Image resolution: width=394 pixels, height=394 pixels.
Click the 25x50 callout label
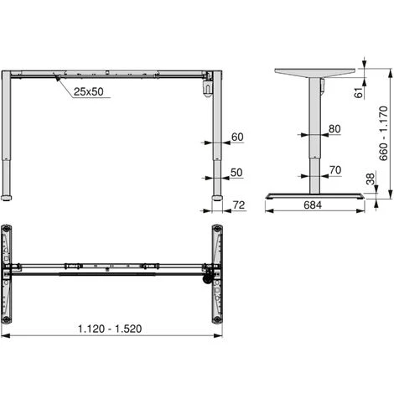click(88, 91)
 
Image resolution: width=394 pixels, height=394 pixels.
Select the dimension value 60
click(237, 137)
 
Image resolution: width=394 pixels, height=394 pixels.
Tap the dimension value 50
click(236, 173)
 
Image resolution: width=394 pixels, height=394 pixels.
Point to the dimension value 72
click(239, 205)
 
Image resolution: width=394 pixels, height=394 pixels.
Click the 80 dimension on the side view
click(334, 129)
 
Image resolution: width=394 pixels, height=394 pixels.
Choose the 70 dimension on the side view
click(335, 170)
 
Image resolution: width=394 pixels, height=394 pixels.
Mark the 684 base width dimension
click(313, 205)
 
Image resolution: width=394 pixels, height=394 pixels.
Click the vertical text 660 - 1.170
click(383, 133)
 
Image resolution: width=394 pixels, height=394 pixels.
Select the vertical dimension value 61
click(358, 92)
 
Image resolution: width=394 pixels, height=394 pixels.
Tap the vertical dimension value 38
click(370, 179)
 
